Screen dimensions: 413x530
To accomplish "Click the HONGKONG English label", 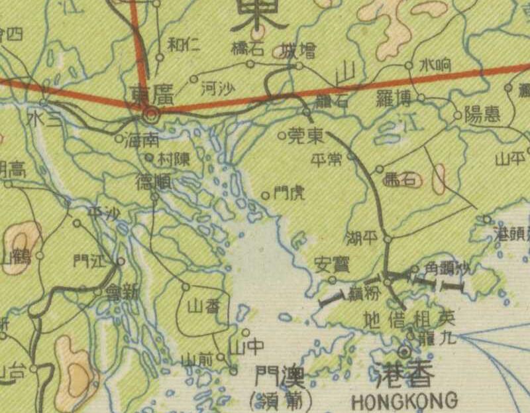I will point(404,400).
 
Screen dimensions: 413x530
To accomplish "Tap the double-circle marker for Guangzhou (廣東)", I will point(152,115).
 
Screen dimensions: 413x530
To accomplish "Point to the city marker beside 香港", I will point(403,351).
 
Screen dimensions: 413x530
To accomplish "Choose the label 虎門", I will point(290,194).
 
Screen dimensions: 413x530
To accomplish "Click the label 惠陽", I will point(482,115).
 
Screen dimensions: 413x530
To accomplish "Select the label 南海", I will point(142,140).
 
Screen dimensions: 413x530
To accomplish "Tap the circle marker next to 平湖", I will point(389,238).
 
